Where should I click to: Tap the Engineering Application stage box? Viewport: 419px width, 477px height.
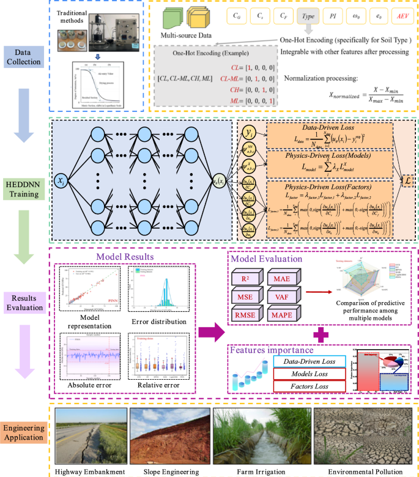(x=25, y=433)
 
